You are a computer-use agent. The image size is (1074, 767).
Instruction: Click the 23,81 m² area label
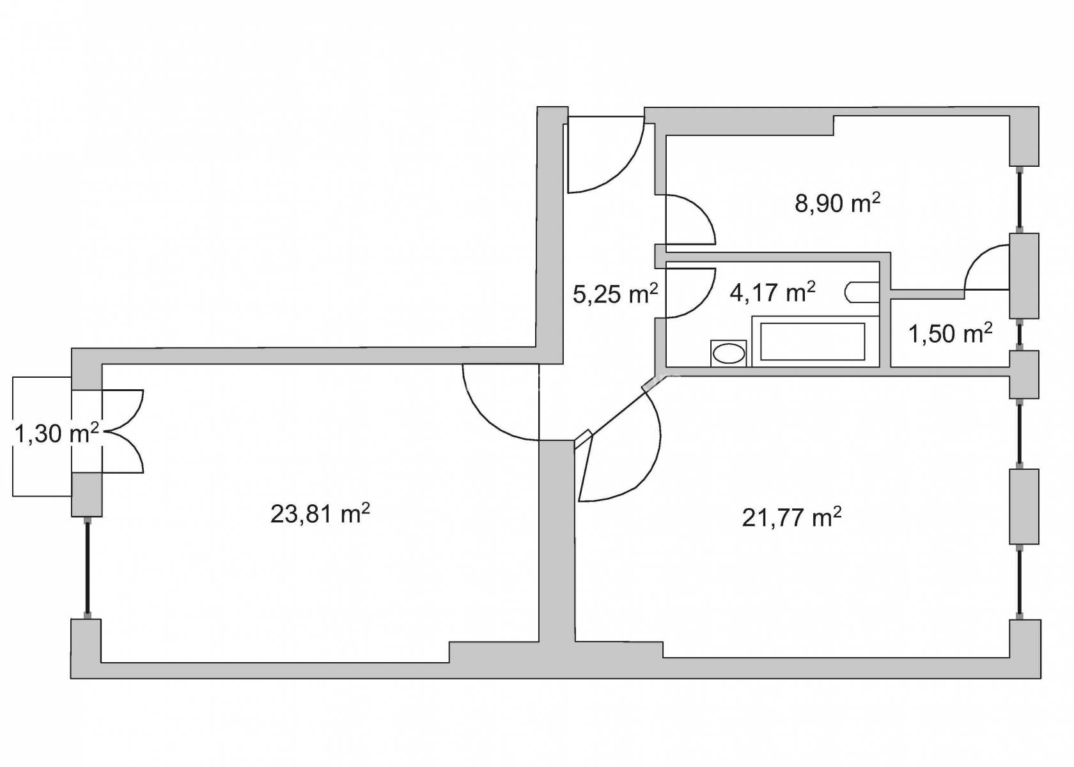[320, 515]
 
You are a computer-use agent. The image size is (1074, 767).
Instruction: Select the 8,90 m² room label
[837, 203]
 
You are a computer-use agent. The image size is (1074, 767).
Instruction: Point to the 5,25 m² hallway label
[615, 294]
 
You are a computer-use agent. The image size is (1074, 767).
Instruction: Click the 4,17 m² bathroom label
[772, 292]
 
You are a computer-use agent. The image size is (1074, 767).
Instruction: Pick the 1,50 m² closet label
[950, 333]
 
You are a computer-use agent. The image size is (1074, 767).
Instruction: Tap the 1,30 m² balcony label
[56, 433]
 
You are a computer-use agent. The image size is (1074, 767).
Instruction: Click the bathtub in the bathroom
[815, 341]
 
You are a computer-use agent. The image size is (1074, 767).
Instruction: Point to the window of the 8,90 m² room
[1020, 199]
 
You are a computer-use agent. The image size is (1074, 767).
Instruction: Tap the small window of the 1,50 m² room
[1020, 335]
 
